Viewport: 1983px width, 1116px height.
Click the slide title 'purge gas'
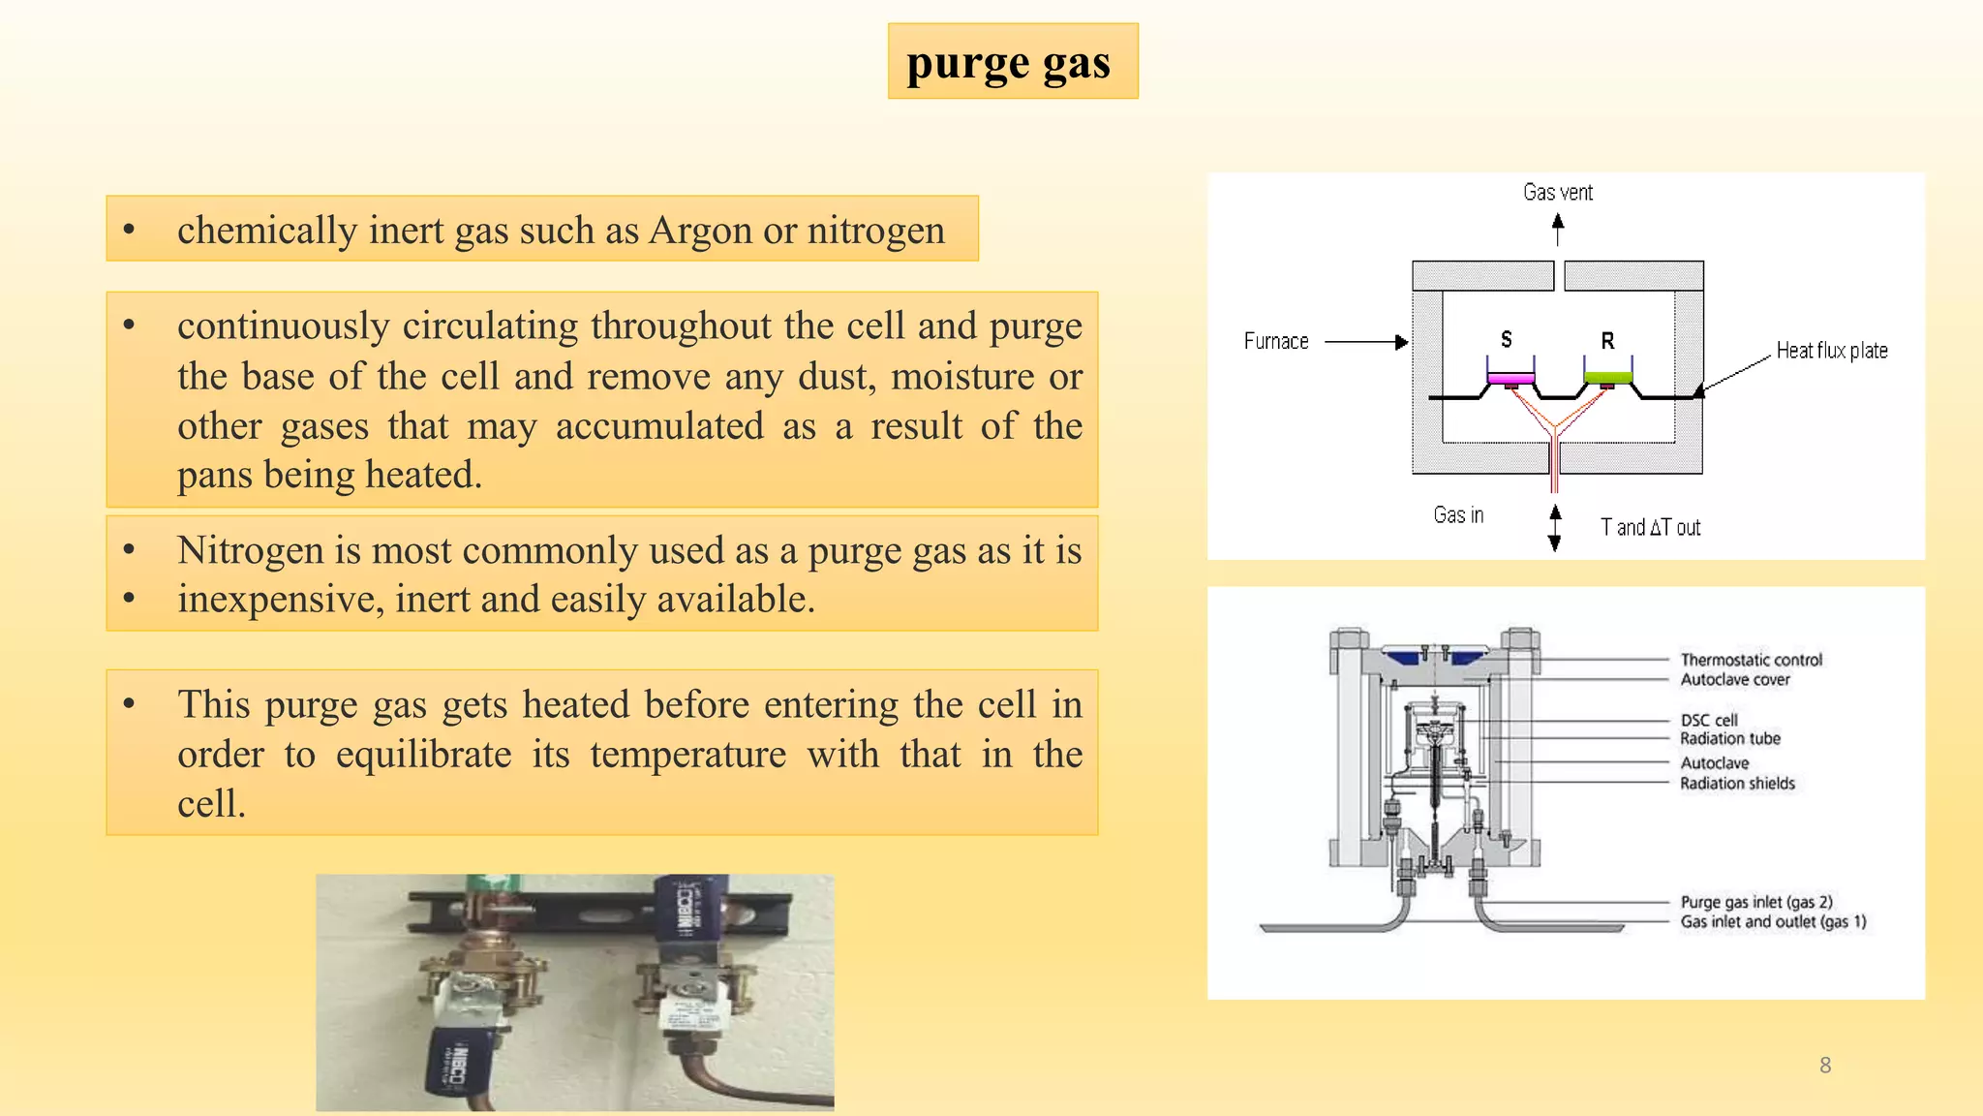tap(1008, 64)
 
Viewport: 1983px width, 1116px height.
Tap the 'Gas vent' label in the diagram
tap(1557, 192)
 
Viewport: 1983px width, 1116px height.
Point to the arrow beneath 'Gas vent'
tap(1557, 230)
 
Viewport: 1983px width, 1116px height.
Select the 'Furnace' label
tap(1275, 341)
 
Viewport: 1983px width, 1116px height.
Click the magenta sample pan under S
tap(1510, 377)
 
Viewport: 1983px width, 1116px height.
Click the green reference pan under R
tap(1607, 377)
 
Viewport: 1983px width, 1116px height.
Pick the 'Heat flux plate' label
tap(1831, 351)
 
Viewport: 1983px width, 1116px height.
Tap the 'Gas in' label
tap(1458, 515)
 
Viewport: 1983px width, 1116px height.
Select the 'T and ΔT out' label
tap(1650, 528)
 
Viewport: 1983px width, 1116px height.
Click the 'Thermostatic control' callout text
tap(1751, 660)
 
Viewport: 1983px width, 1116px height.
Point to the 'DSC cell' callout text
tap(1708, 720)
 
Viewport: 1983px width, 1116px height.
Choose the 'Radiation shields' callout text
tap(1737, 784)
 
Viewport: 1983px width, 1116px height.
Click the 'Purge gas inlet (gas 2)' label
tap(1755, 902)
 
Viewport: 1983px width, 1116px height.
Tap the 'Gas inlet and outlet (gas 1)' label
tap(1773, 921)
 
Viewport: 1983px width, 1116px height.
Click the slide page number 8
tap(1825, 1066)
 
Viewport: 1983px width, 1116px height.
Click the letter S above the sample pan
tap(1506, 339)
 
